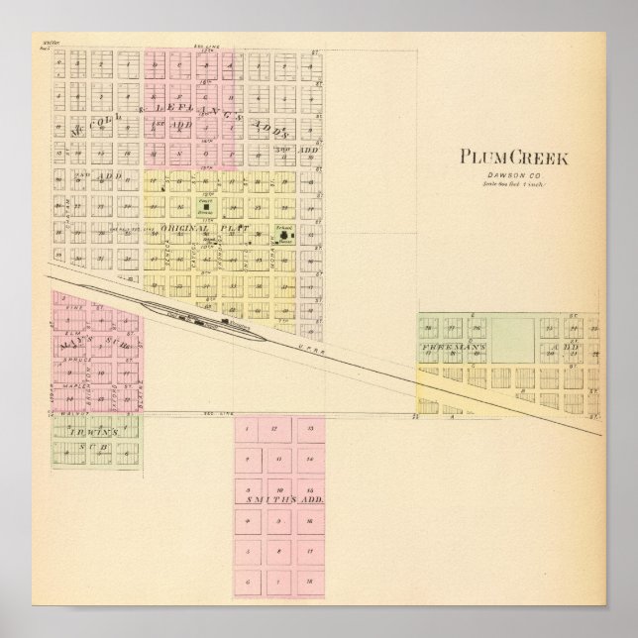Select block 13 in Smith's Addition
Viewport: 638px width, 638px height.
[x=310, y=427]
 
